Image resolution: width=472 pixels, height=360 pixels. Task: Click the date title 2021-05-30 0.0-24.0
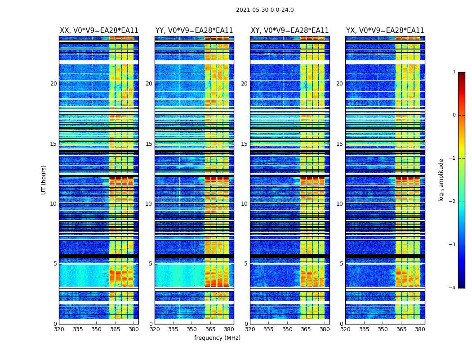(x=265, y=10)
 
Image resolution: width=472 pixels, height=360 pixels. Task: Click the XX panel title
(x=99, y=31)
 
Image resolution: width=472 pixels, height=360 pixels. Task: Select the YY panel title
(x=194, y=31)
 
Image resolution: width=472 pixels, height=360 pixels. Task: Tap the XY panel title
(x=290, y=31)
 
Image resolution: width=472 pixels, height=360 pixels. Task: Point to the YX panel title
(x=385, y=31)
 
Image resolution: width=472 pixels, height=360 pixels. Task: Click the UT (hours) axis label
(x=44, y=180)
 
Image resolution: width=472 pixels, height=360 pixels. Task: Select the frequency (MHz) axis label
(x=217, y=338)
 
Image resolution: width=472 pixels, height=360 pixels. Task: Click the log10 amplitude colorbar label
(x=441, y=180)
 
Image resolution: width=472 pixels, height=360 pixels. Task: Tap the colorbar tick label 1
(x=454, y=72)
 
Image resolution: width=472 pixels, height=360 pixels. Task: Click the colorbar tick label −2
(x=453, y=202)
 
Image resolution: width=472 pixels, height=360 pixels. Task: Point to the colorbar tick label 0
(x=454, y=115)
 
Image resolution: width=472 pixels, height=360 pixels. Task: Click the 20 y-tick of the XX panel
(x=53, y=84)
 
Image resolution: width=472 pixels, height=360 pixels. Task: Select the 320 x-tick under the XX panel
(x=59, y=329)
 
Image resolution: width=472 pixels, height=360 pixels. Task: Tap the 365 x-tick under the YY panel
(x=210, y=329)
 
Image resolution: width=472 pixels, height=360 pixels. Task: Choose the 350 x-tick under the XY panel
(x=287, y=329)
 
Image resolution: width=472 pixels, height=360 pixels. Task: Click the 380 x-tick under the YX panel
(x=420, y=329)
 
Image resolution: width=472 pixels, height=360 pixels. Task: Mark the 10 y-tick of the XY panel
(x=244, y=204)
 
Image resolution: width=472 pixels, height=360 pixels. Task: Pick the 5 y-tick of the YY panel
(x=151, y=264)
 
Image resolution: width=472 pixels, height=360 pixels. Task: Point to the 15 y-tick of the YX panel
(x=339, y=144)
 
